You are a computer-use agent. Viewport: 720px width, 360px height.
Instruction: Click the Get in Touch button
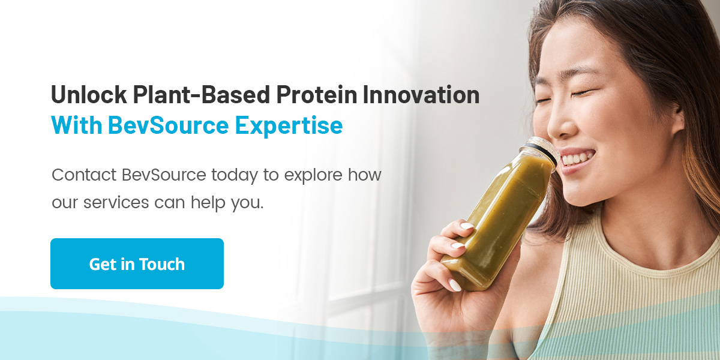[x=137, y=264]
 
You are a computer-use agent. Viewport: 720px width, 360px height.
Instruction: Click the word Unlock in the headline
[x=88, y=95]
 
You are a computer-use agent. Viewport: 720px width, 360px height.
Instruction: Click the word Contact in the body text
[x=84, y=176]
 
